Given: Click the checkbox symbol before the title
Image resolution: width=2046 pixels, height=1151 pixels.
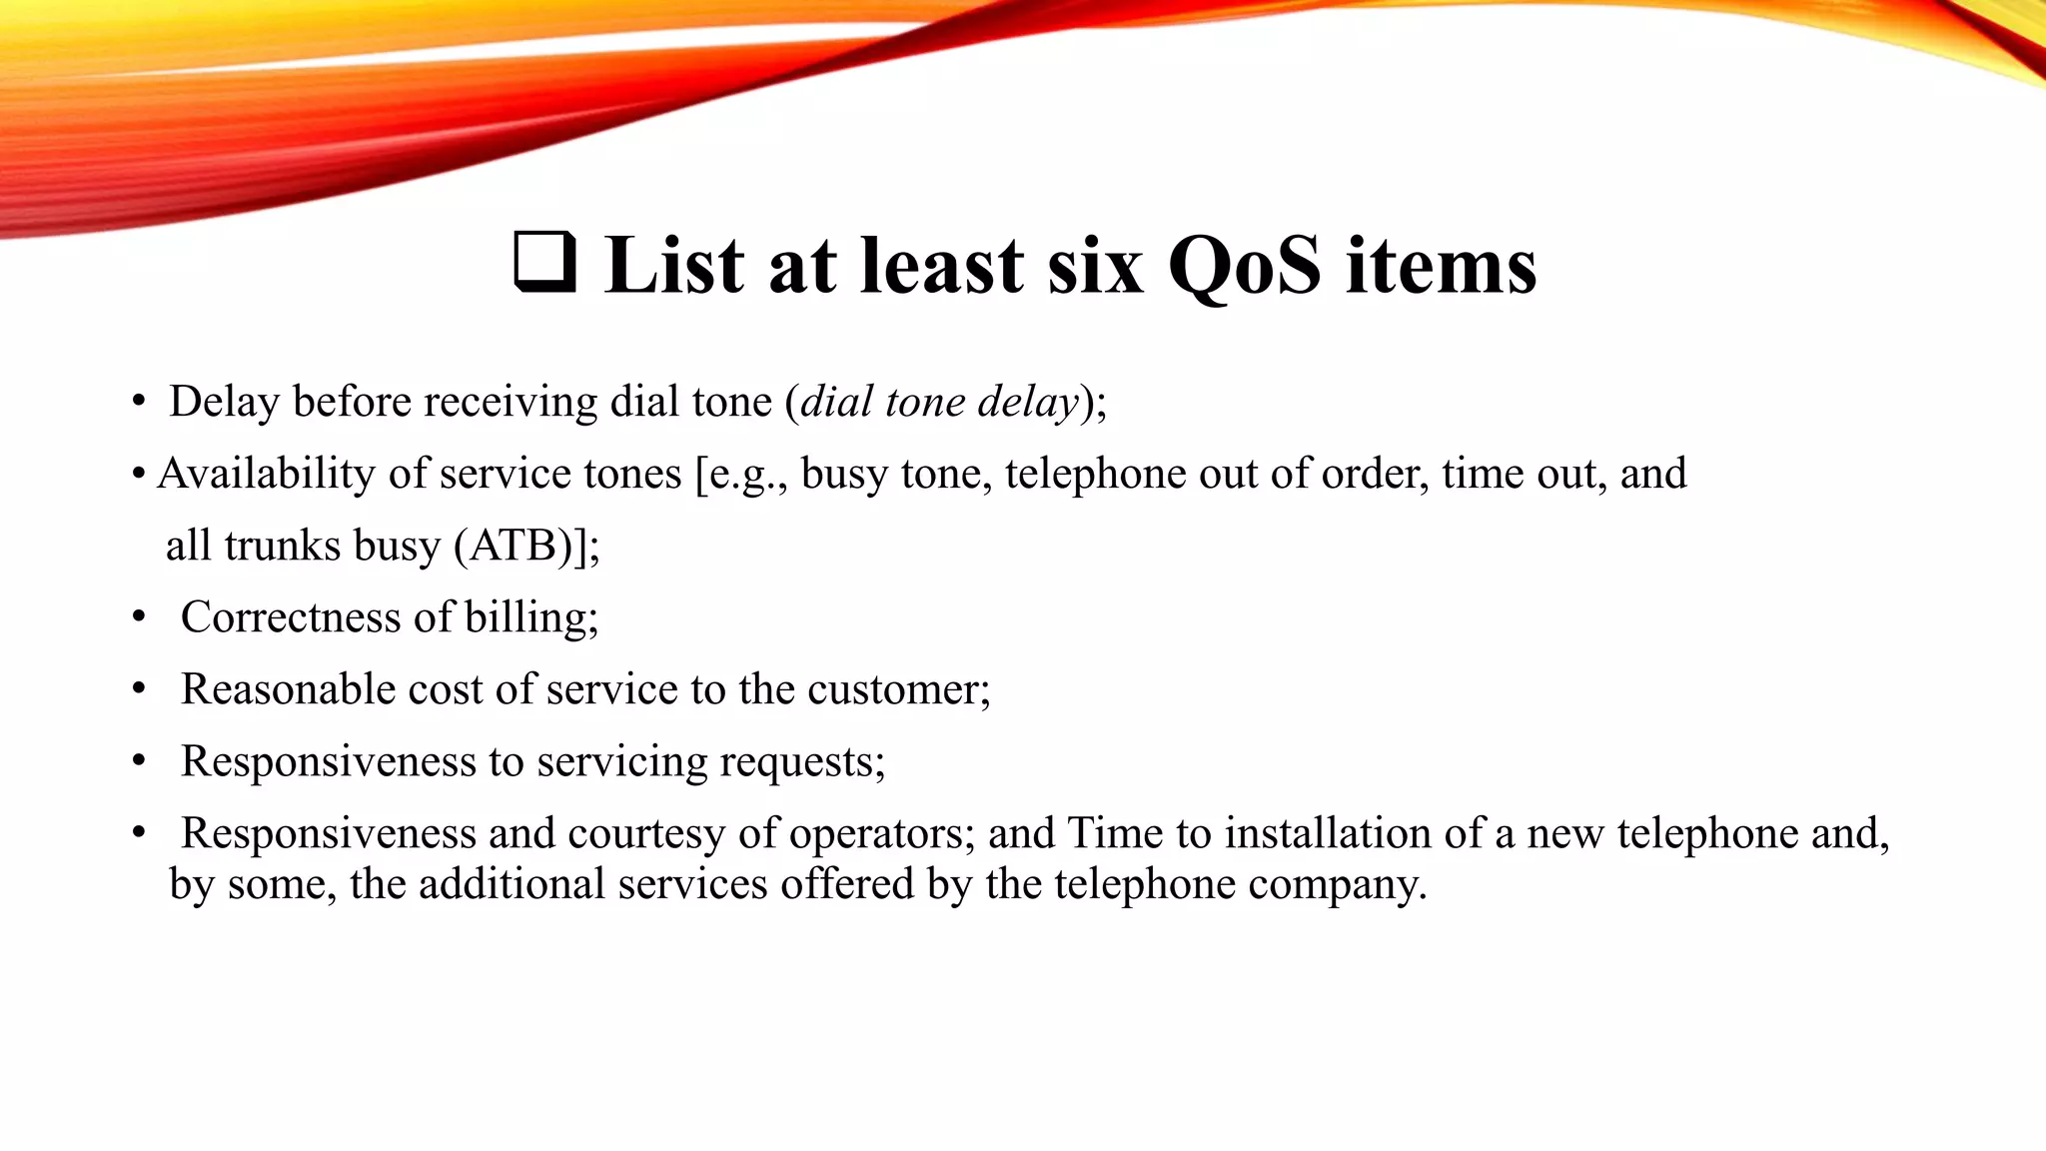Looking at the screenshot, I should (x=544, y=262).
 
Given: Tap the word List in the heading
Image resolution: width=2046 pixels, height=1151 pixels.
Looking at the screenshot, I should (x=674, y=266).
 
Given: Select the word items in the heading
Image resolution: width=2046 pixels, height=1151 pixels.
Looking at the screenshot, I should (x=1441, y=266).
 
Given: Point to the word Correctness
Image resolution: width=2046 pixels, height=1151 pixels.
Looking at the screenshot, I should (x=291, y=617).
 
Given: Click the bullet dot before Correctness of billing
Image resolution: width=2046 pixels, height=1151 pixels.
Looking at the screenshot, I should (x=139, y=617).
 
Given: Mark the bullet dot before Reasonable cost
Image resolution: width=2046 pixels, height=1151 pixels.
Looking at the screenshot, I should (x=139, y=689).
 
